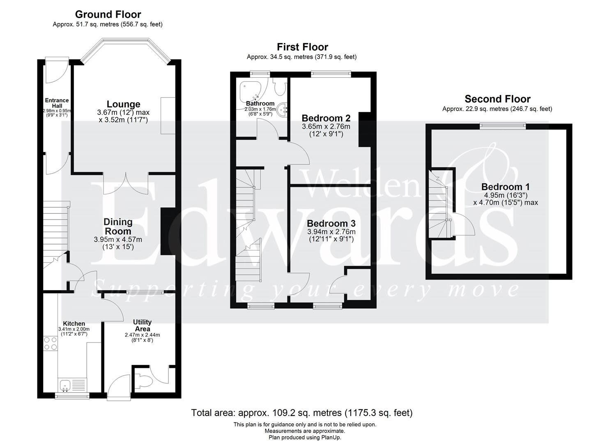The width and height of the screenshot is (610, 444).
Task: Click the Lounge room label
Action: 123,104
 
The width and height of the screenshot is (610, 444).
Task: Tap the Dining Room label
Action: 118,227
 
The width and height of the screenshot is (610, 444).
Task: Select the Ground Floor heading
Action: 108,15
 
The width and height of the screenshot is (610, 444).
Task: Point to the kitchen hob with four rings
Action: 51,343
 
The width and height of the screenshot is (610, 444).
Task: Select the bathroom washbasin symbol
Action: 282,109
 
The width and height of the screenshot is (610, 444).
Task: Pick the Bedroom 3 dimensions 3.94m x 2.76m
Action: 331,232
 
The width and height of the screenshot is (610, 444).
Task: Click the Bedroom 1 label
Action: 505,187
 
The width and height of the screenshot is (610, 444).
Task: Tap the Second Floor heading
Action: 497,99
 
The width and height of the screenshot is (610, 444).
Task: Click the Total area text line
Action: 302,412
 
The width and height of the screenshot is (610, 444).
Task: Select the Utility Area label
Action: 142,325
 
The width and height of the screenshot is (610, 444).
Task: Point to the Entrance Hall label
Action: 57,103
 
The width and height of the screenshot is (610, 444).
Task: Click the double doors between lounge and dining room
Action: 126,183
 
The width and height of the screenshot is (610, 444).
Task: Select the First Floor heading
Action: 302,47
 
